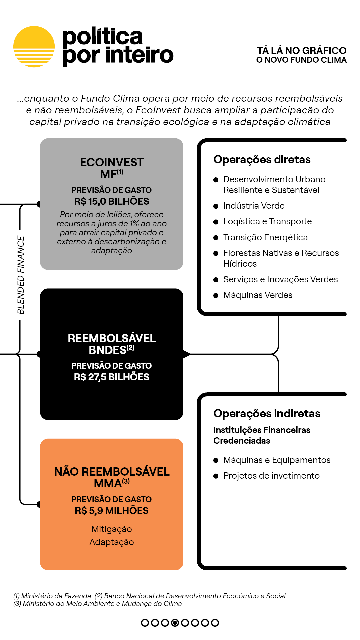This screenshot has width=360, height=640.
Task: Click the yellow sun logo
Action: coord(34,47)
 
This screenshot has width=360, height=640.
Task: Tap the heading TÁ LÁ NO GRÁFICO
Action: coord(302,51)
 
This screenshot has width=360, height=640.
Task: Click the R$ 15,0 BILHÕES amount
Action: coord(112,201)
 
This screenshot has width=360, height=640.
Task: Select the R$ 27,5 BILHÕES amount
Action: coord(112,377)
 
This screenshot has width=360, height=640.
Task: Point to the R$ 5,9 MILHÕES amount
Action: coord(112,511)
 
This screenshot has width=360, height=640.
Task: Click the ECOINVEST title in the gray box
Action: coord(112,162)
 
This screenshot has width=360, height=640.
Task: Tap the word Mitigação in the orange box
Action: coord(112,529)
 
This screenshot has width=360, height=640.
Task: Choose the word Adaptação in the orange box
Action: coord(112,542)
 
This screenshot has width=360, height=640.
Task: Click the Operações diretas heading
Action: coord(262,160)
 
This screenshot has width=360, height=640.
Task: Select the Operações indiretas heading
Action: coord(267,414)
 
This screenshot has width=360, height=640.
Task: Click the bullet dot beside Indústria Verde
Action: coord(216,206)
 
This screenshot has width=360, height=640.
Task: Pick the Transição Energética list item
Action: coord(266,237)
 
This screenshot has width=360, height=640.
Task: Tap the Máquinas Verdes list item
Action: coord(258,295)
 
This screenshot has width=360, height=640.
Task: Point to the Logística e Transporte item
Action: coord(268,222)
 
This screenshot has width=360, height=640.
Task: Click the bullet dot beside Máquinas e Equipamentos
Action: coord(216,460)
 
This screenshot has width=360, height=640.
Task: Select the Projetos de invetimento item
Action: coord(272,476)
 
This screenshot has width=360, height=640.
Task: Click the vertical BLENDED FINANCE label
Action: coord(21,275)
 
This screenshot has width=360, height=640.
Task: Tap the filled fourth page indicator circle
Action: coord(175,622)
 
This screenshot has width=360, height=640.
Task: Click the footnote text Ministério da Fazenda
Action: coord(56,596)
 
